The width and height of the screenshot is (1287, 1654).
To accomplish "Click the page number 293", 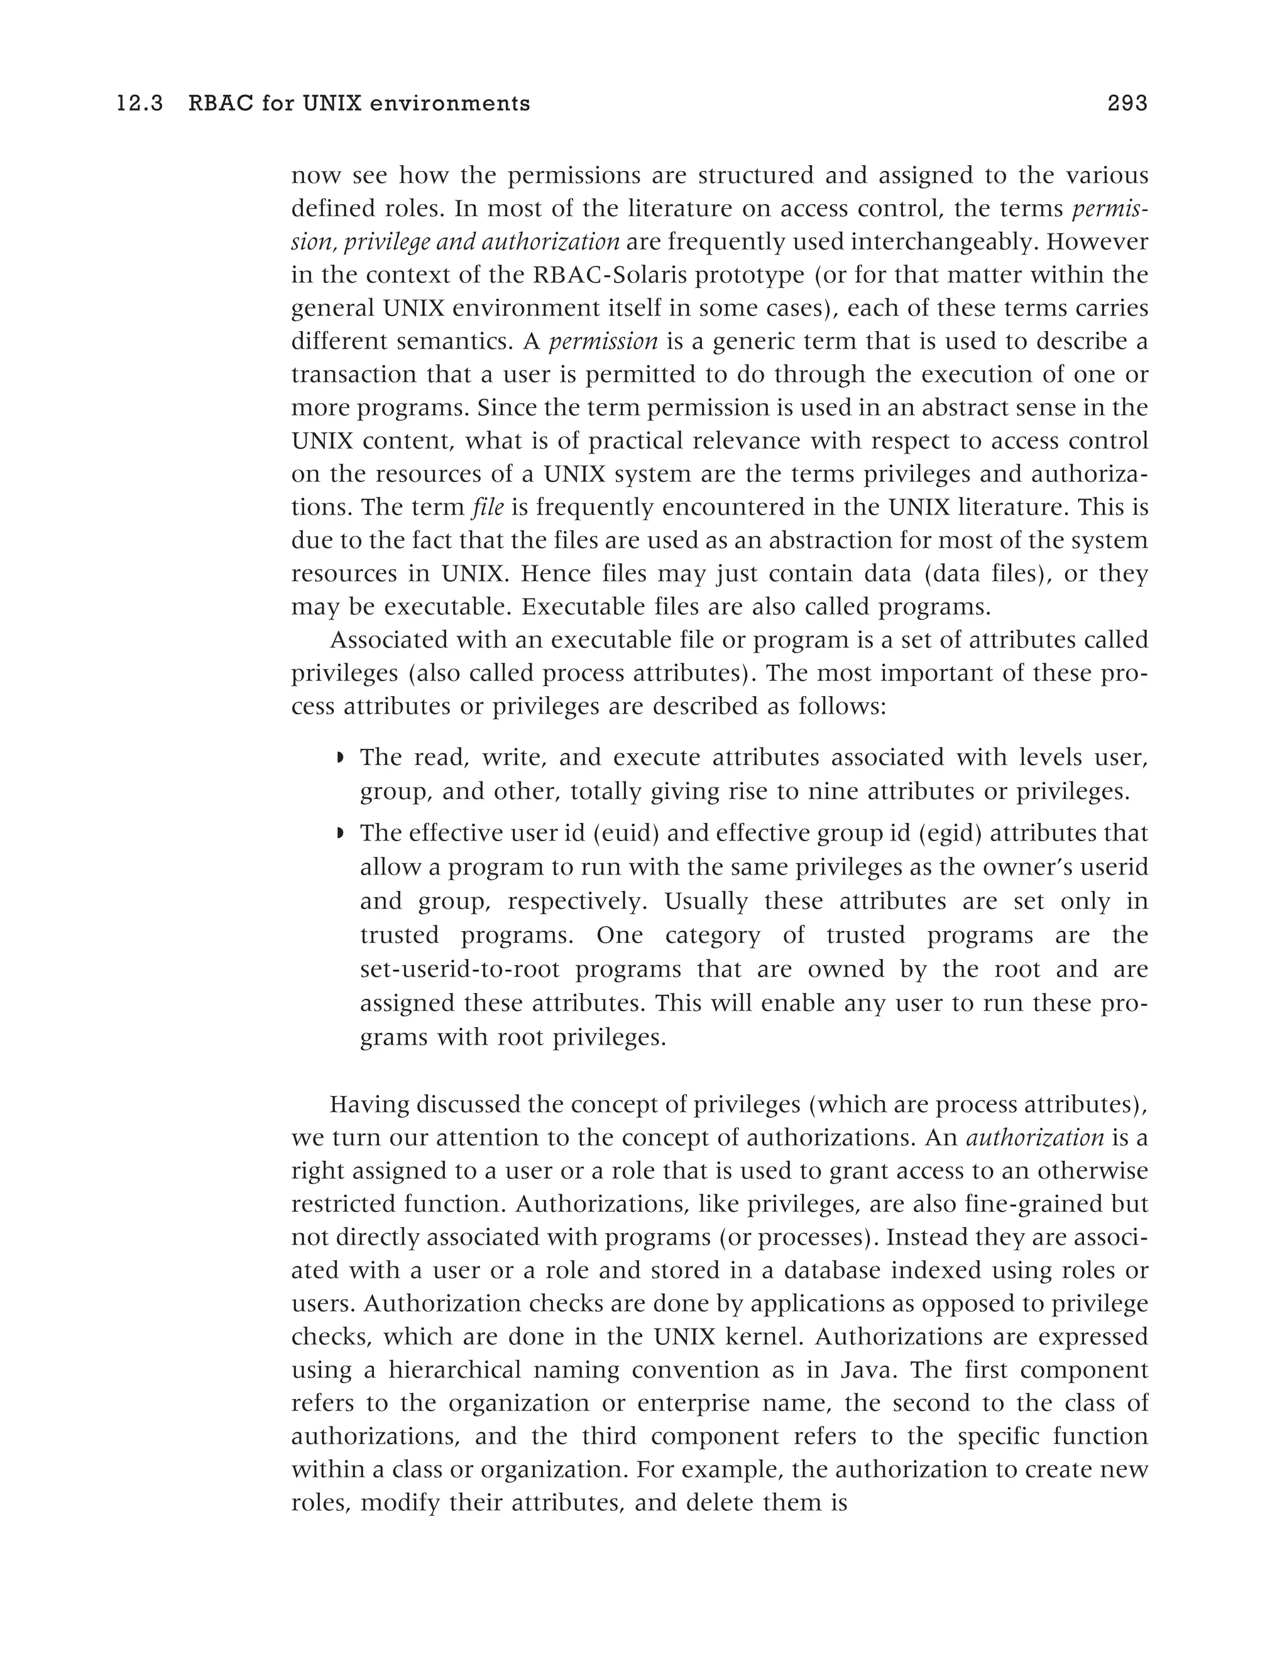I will [x=1127, y=104].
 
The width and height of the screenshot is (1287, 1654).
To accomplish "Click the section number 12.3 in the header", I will [x=140, y=104].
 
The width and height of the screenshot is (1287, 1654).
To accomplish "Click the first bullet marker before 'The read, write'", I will [x=340, y=758].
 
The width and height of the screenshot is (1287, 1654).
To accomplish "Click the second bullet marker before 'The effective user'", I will [x=340, y=834].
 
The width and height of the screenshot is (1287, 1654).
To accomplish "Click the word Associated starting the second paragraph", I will [x=390, y=641].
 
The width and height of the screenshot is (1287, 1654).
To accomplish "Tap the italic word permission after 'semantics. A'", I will [x=603, y=342].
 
